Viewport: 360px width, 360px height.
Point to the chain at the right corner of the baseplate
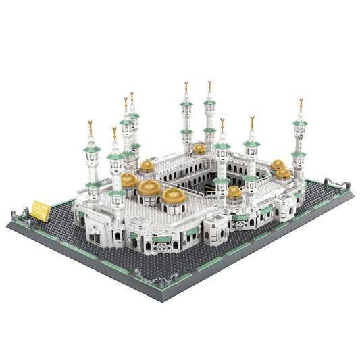tap(335, 183)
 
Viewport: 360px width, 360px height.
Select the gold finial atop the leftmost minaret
tap(91, 126)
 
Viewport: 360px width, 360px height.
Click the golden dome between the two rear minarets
tap(199, 149)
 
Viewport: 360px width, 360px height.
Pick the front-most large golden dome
tap(173, 196)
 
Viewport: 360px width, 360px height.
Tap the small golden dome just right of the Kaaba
tap(234, 192)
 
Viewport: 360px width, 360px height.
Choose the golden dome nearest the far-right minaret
tap(283, 173)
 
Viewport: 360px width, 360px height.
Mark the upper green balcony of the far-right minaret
tap(300, 123)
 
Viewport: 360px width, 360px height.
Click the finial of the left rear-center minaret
tap(186, 87)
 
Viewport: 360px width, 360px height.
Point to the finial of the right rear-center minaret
tap(209, 86)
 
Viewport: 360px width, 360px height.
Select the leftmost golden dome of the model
tap(129, 180)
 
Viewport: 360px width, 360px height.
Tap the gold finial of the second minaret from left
tap(114, 132)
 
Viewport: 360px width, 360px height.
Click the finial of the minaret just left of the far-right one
tap(252, 122)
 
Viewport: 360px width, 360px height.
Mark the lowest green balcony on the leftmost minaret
tap(93, 184)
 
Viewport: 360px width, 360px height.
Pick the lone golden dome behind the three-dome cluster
tap(147, 165)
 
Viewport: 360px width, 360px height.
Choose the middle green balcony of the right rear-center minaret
tap(210, 129)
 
